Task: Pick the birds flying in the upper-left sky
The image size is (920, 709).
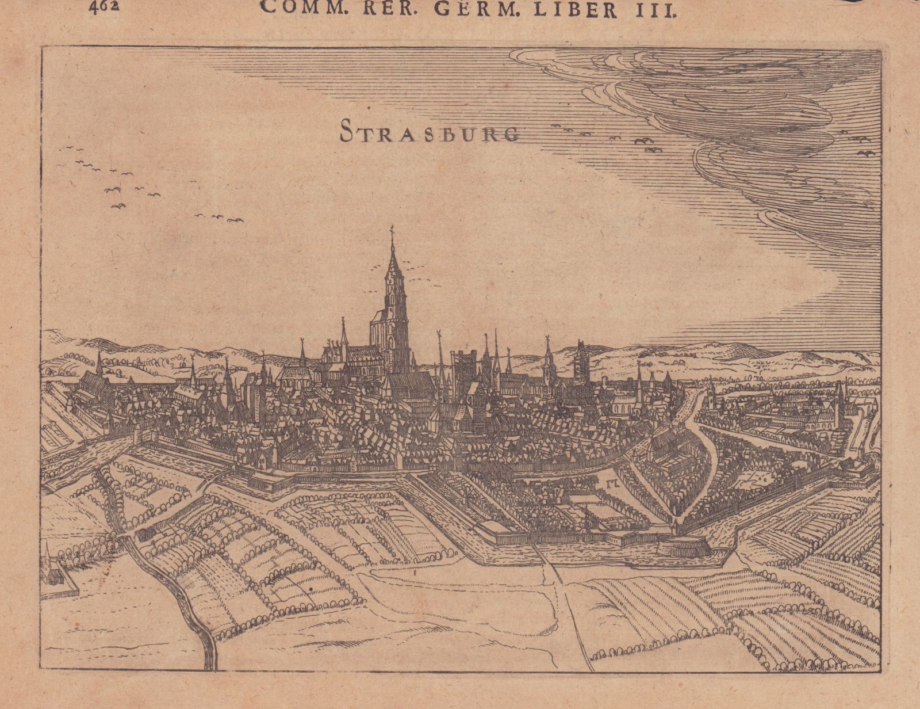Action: click(x=115, y=178)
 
